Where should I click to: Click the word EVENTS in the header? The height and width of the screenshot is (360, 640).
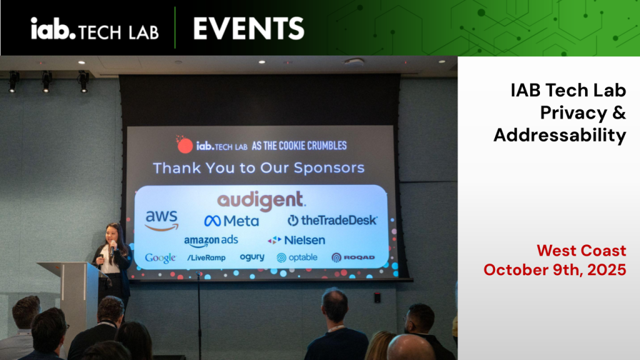(249, 29)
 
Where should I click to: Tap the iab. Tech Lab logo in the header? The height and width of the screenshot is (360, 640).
(95, 29)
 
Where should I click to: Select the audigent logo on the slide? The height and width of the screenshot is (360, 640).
(261, 201)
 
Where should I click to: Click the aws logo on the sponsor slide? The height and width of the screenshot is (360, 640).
(162, 221)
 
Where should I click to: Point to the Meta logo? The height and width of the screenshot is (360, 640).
(231, 221)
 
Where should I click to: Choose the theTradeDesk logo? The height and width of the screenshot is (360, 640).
(332, 221)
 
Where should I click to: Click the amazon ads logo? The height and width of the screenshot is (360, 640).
(211, 241)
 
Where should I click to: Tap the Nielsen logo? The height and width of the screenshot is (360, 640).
(296, 240)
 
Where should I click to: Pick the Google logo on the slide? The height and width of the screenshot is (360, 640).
(161, 258)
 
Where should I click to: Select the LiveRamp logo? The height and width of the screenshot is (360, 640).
(206, 257)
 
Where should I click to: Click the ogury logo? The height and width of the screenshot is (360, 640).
(252, 257)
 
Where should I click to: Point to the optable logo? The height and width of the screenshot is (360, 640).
(297, 257)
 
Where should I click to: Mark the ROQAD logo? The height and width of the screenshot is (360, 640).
(353, 257)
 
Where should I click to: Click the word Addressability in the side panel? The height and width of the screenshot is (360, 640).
(559, 136)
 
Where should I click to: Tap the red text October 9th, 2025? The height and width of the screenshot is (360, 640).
(555, 270)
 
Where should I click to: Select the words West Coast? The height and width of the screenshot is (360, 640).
(581, 250)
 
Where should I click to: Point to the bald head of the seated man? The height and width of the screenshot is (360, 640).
(410, 346)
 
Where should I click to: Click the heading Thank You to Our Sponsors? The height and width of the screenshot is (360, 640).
(259, 167)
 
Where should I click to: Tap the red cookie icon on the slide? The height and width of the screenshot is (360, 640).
(184, 145)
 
